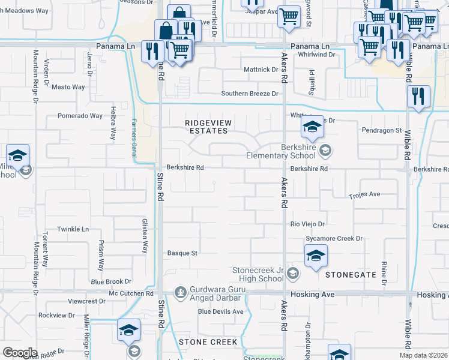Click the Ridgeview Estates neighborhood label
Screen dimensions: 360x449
point(208,126)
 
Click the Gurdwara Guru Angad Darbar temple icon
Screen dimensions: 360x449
point(179,293)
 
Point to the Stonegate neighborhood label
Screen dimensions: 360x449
point(351,275)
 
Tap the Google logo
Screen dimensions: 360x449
point(20,353)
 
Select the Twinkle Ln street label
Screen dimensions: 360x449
point(73,229)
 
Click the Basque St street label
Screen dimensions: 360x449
point(182,253)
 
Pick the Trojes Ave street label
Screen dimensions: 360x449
point(365,195)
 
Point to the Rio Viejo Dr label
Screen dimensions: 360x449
point(307,224)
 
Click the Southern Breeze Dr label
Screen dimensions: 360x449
point(250,94)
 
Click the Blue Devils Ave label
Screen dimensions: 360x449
point(221,311)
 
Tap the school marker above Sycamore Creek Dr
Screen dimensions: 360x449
point(316,256)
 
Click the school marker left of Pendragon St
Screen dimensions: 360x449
point(312,127)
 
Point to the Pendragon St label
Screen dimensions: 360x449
point(381,130)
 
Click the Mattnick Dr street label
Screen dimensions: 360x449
point(261,70)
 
